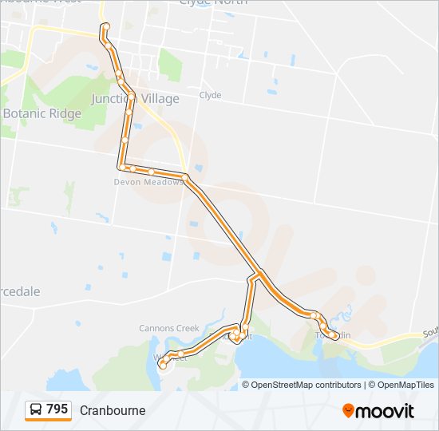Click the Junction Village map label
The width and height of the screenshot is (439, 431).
(x=135, y=98)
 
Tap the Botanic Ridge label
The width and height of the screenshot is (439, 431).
(x=42, y=113)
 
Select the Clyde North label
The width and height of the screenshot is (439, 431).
(x=213, y=2)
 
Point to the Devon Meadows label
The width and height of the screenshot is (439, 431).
(x=144, y=181)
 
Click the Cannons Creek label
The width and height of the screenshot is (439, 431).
(x=168, y=328)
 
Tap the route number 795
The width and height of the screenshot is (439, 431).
(x=57, y=409)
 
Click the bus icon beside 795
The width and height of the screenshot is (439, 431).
(x=36, y=410)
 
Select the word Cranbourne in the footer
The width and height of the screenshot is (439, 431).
(x=113, y=410)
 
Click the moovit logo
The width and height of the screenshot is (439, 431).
(x=378, y=410)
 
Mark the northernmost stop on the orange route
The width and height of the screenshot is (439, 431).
(x=105, y=26)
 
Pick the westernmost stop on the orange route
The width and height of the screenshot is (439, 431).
(x=163, y=364)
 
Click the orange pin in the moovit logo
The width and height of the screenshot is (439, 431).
(x=349, y=411)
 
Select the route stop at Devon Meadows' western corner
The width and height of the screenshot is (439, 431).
(x=122, y=167)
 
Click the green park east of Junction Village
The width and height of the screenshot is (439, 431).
(x=169, y=64)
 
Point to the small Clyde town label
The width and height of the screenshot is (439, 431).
(x=210, y=95)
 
